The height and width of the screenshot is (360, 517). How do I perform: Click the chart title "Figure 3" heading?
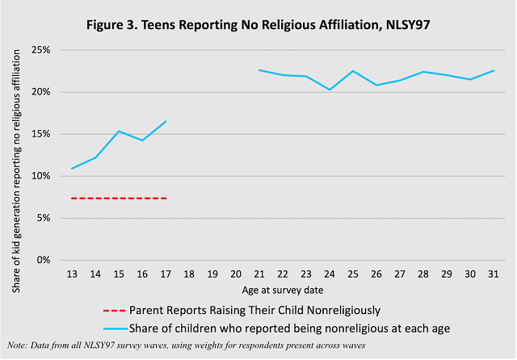[258, 23]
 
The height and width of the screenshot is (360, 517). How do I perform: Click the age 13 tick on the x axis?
[72, 274]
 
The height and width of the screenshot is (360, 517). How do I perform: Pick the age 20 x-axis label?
[236, 274]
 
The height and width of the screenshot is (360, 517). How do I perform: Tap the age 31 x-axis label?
[494, 274]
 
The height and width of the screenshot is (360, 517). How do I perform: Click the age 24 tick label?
[330, 274]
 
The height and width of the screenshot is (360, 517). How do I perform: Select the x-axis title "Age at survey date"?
[282, 289]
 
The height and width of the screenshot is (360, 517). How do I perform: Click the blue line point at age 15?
[119, 131]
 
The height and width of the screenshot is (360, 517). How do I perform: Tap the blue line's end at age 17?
[166, 121]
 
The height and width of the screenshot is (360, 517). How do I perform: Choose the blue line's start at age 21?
[258, 70]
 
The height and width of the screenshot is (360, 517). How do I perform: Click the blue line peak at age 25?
[353, 71]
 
